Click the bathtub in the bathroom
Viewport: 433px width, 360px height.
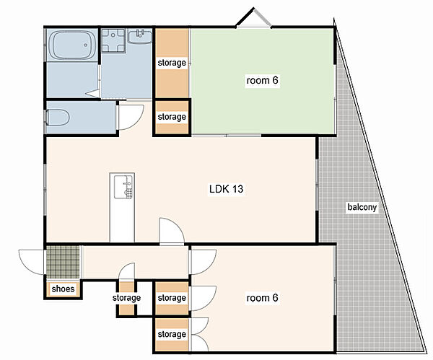click(x=72, y=45)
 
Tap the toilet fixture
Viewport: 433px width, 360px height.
click(x=58, y=118)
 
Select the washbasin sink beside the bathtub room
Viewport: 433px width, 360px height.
click(x=140, y=36)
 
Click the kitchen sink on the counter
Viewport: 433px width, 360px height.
click(x=123, y=187)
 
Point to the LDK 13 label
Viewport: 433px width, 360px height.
click(x=226, y=189)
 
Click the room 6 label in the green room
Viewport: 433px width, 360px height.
click(x=262, y=80)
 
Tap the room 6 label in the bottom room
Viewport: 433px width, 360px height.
click(x=262, y=298)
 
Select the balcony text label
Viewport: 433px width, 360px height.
click(x=362, y=207)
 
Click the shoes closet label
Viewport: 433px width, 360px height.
click(x=63, y=289)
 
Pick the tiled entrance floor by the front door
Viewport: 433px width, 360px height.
click(x=63, y=262)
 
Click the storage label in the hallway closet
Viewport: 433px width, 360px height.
click(x=126, y=298)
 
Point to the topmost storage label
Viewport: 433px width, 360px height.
click(x=172, y=63)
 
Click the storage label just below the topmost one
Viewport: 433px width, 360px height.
click(x=172, y=117)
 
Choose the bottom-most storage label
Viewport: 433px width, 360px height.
click(x=172, y=334)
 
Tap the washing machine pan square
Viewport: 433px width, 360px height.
click(x=113, y=40)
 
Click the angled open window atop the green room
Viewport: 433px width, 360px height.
click(x=253, y=17)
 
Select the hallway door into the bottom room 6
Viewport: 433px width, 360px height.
click(x=203, y=262)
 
